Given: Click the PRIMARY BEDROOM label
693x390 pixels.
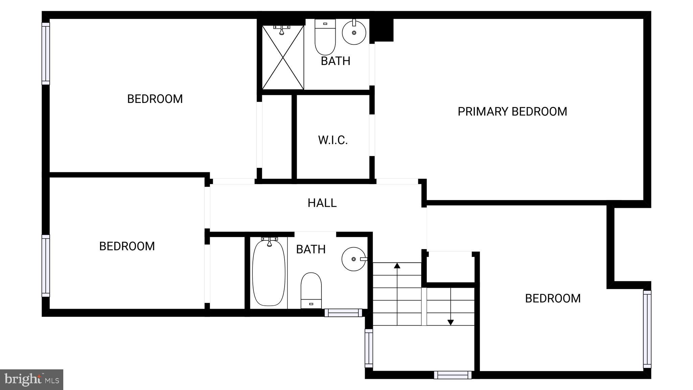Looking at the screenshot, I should (512, 111).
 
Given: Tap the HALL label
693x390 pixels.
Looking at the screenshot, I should (322, 203).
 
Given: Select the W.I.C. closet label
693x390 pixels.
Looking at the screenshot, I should (333, 140).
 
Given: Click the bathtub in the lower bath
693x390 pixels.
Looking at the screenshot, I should (269, 273).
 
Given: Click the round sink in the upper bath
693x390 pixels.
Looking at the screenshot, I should (354, 32).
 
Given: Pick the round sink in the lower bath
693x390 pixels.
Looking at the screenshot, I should (354, 259).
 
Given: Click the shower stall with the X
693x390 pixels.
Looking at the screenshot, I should (283, 58).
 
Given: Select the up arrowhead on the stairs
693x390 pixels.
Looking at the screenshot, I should (397, 265).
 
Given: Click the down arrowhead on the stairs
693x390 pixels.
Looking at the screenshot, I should (450, 323).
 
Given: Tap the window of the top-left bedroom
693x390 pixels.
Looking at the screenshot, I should (46, 53).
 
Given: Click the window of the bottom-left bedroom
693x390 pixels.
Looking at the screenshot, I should (46, 266).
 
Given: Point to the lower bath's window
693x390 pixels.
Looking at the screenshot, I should (343, 313).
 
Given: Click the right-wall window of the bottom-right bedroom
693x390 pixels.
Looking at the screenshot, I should (647, 329).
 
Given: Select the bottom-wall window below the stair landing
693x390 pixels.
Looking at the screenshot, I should (452, 375).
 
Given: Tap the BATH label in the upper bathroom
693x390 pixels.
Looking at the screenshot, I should (335, 61).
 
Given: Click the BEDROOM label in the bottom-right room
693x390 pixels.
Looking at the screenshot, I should (553, 298).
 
